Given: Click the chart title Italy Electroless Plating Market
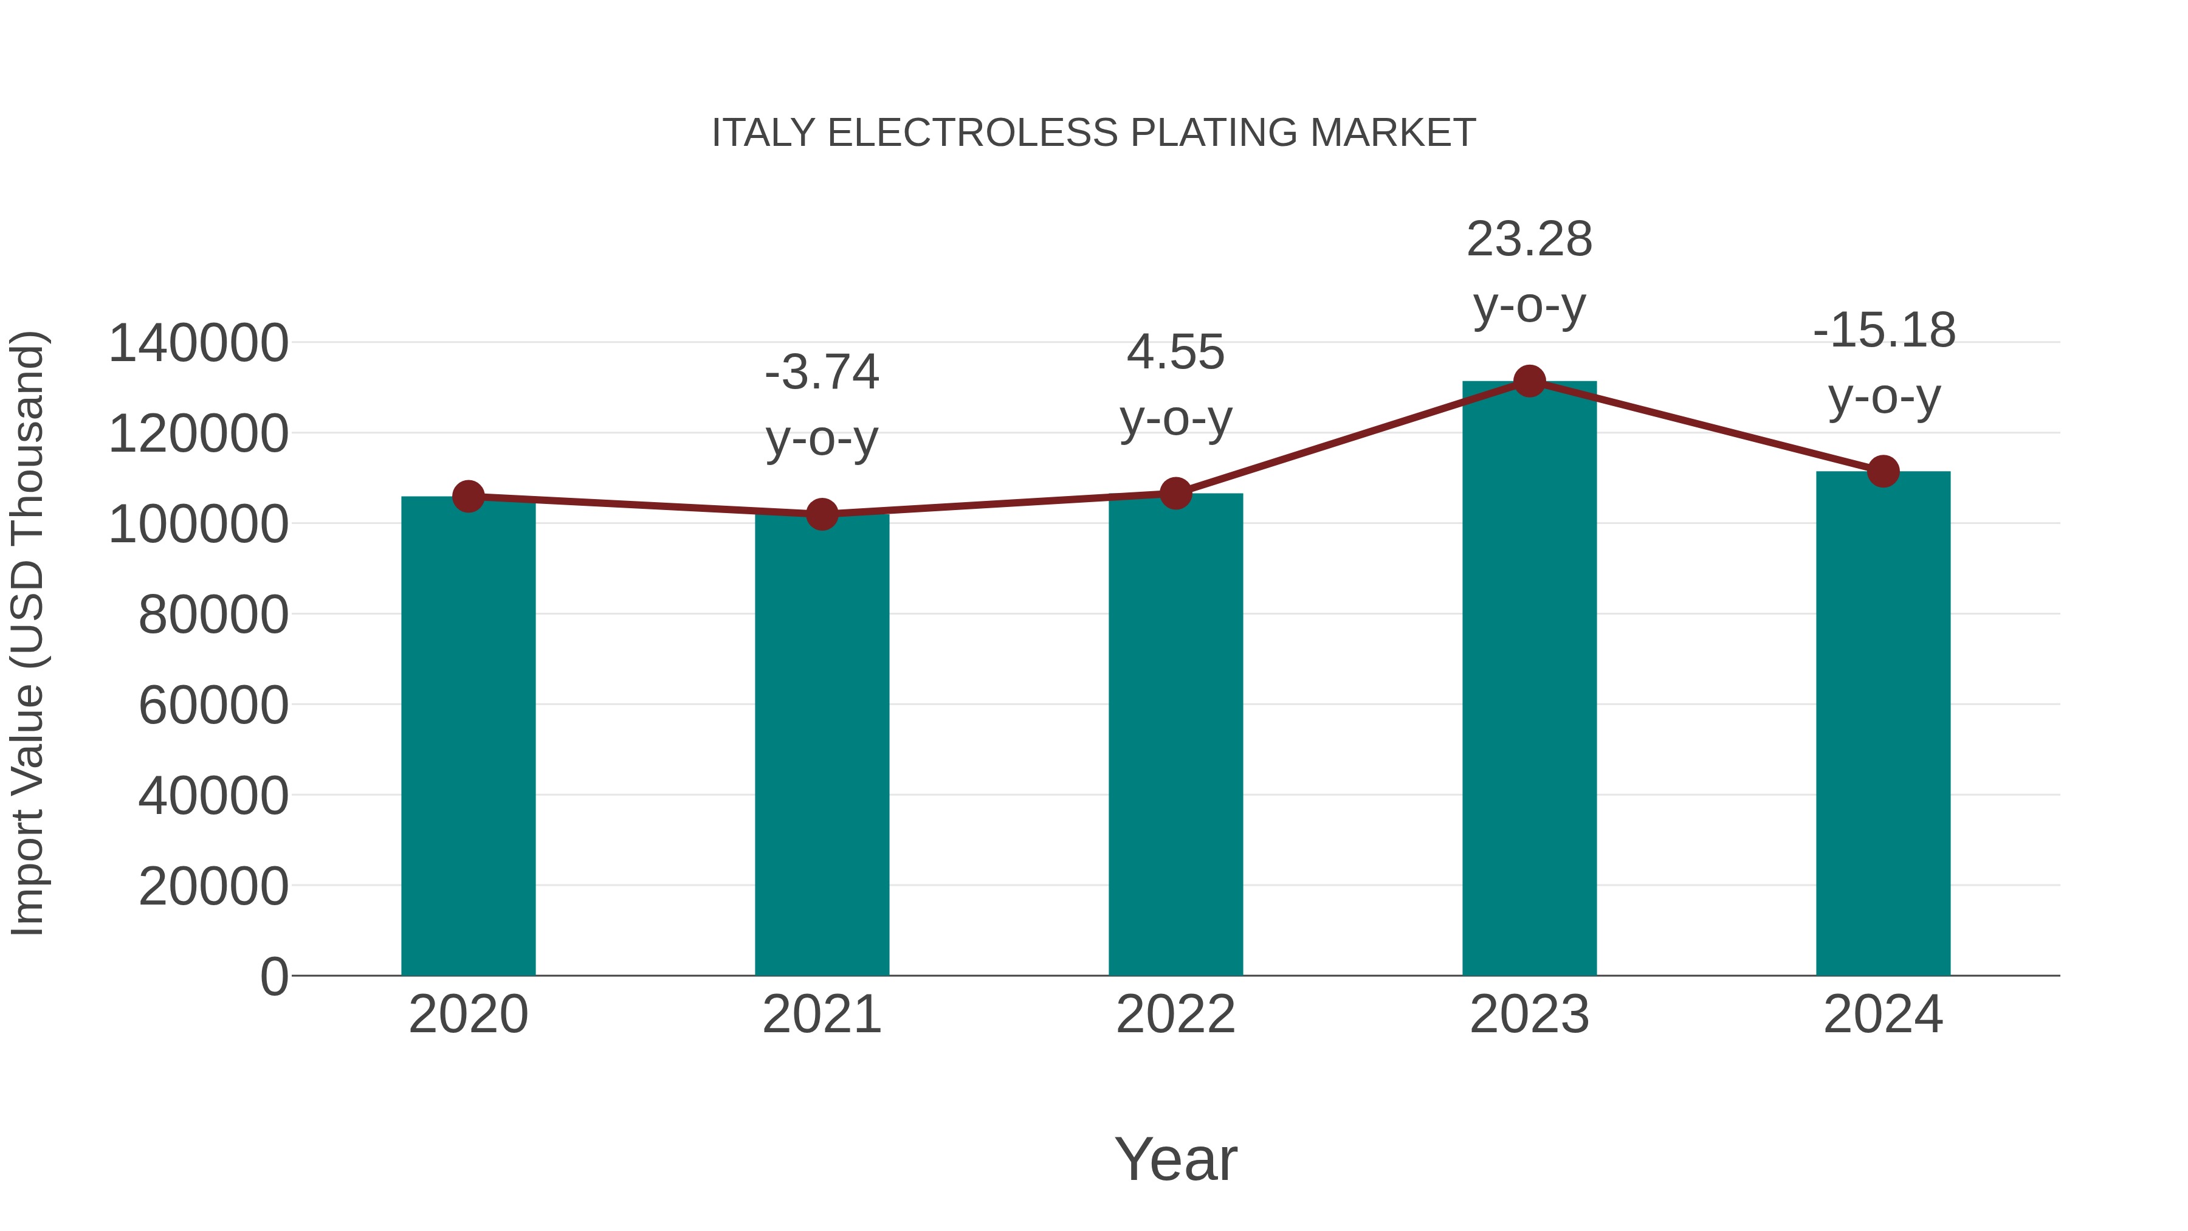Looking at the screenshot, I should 1093,133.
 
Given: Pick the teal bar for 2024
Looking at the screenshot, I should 1883,723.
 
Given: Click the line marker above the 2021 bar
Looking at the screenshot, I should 821,514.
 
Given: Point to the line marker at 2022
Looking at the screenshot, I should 1175,493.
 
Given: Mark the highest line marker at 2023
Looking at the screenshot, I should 1529,381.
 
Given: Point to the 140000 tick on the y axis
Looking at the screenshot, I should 199,344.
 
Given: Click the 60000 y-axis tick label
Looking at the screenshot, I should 213,705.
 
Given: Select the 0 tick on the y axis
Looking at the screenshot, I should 273,976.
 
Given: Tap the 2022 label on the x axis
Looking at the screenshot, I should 1175,1015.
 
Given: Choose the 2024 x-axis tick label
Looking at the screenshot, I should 1883,1015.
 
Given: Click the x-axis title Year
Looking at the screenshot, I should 1175,1159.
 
